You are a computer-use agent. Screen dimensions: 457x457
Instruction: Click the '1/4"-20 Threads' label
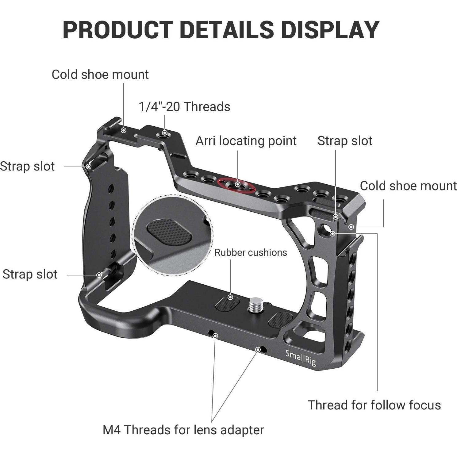pyautogui.click(x=184, y=107)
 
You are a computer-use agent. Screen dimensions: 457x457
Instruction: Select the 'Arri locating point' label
pyautogui.click(x=246, y=141)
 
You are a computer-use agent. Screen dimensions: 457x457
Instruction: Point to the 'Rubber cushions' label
pyautogui.click(x=251, y=252)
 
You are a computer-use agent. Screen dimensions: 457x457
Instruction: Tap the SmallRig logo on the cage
pyautogui.click(x=300, y=358)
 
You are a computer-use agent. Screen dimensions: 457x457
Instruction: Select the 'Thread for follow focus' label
pyautogui.click(x=374, y=405)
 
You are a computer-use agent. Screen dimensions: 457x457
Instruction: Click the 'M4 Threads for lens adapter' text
pyautogui.click(x=183, y=430)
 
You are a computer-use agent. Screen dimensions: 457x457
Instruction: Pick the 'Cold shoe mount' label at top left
pyautogui.click(x=100, y=75)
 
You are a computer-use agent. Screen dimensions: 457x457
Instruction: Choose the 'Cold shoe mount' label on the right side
pyautogui.click(x=408, y=186)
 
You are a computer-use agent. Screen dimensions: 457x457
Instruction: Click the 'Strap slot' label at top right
pyautogui.click(x=345, y=141)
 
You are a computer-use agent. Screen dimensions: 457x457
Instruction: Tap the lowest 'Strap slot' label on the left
pyautogui.click(x=30, y=274)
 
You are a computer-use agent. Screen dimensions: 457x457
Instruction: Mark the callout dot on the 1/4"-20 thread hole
pyautogui.click(x=165, y=133)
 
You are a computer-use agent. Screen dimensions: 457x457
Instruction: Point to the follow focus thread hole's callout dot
pyautogui.click(x=332, y=233)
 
